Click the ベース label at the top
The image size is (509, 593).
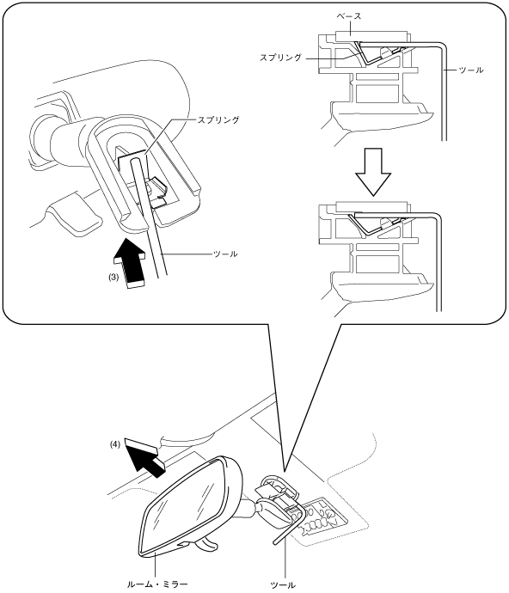tap(349, 16)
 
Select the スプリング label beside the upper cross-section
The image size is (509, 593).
tap(280, 58)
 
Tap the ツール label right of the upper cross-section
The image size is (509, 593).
tap(471, 70)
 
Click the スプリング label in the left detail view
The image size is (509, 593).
tap(218, 119)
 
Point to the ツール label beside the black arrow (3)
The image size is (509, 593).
tap(225, 254)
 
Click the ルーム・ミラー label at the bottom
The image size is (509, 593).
tap(156, 584)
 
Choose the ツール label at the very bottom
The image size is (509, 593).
tap(283, 585)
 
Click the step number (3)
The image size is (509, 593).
tap(113, 277)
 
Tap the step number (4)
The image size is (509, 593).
tap(115, 444)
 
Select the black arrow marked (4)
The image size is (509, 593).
tap(144, 457)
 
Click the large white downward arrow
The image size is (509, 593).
tap(373, 172)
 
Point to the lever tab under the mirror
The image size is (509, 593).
tap(206, 544)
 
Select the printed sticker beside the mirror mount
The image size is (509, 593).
tap(322, 517)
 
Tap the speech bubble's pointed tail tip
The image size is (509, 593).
tap(284, 471)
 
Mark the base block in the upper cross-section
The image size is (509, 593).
tap(372, 36)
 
